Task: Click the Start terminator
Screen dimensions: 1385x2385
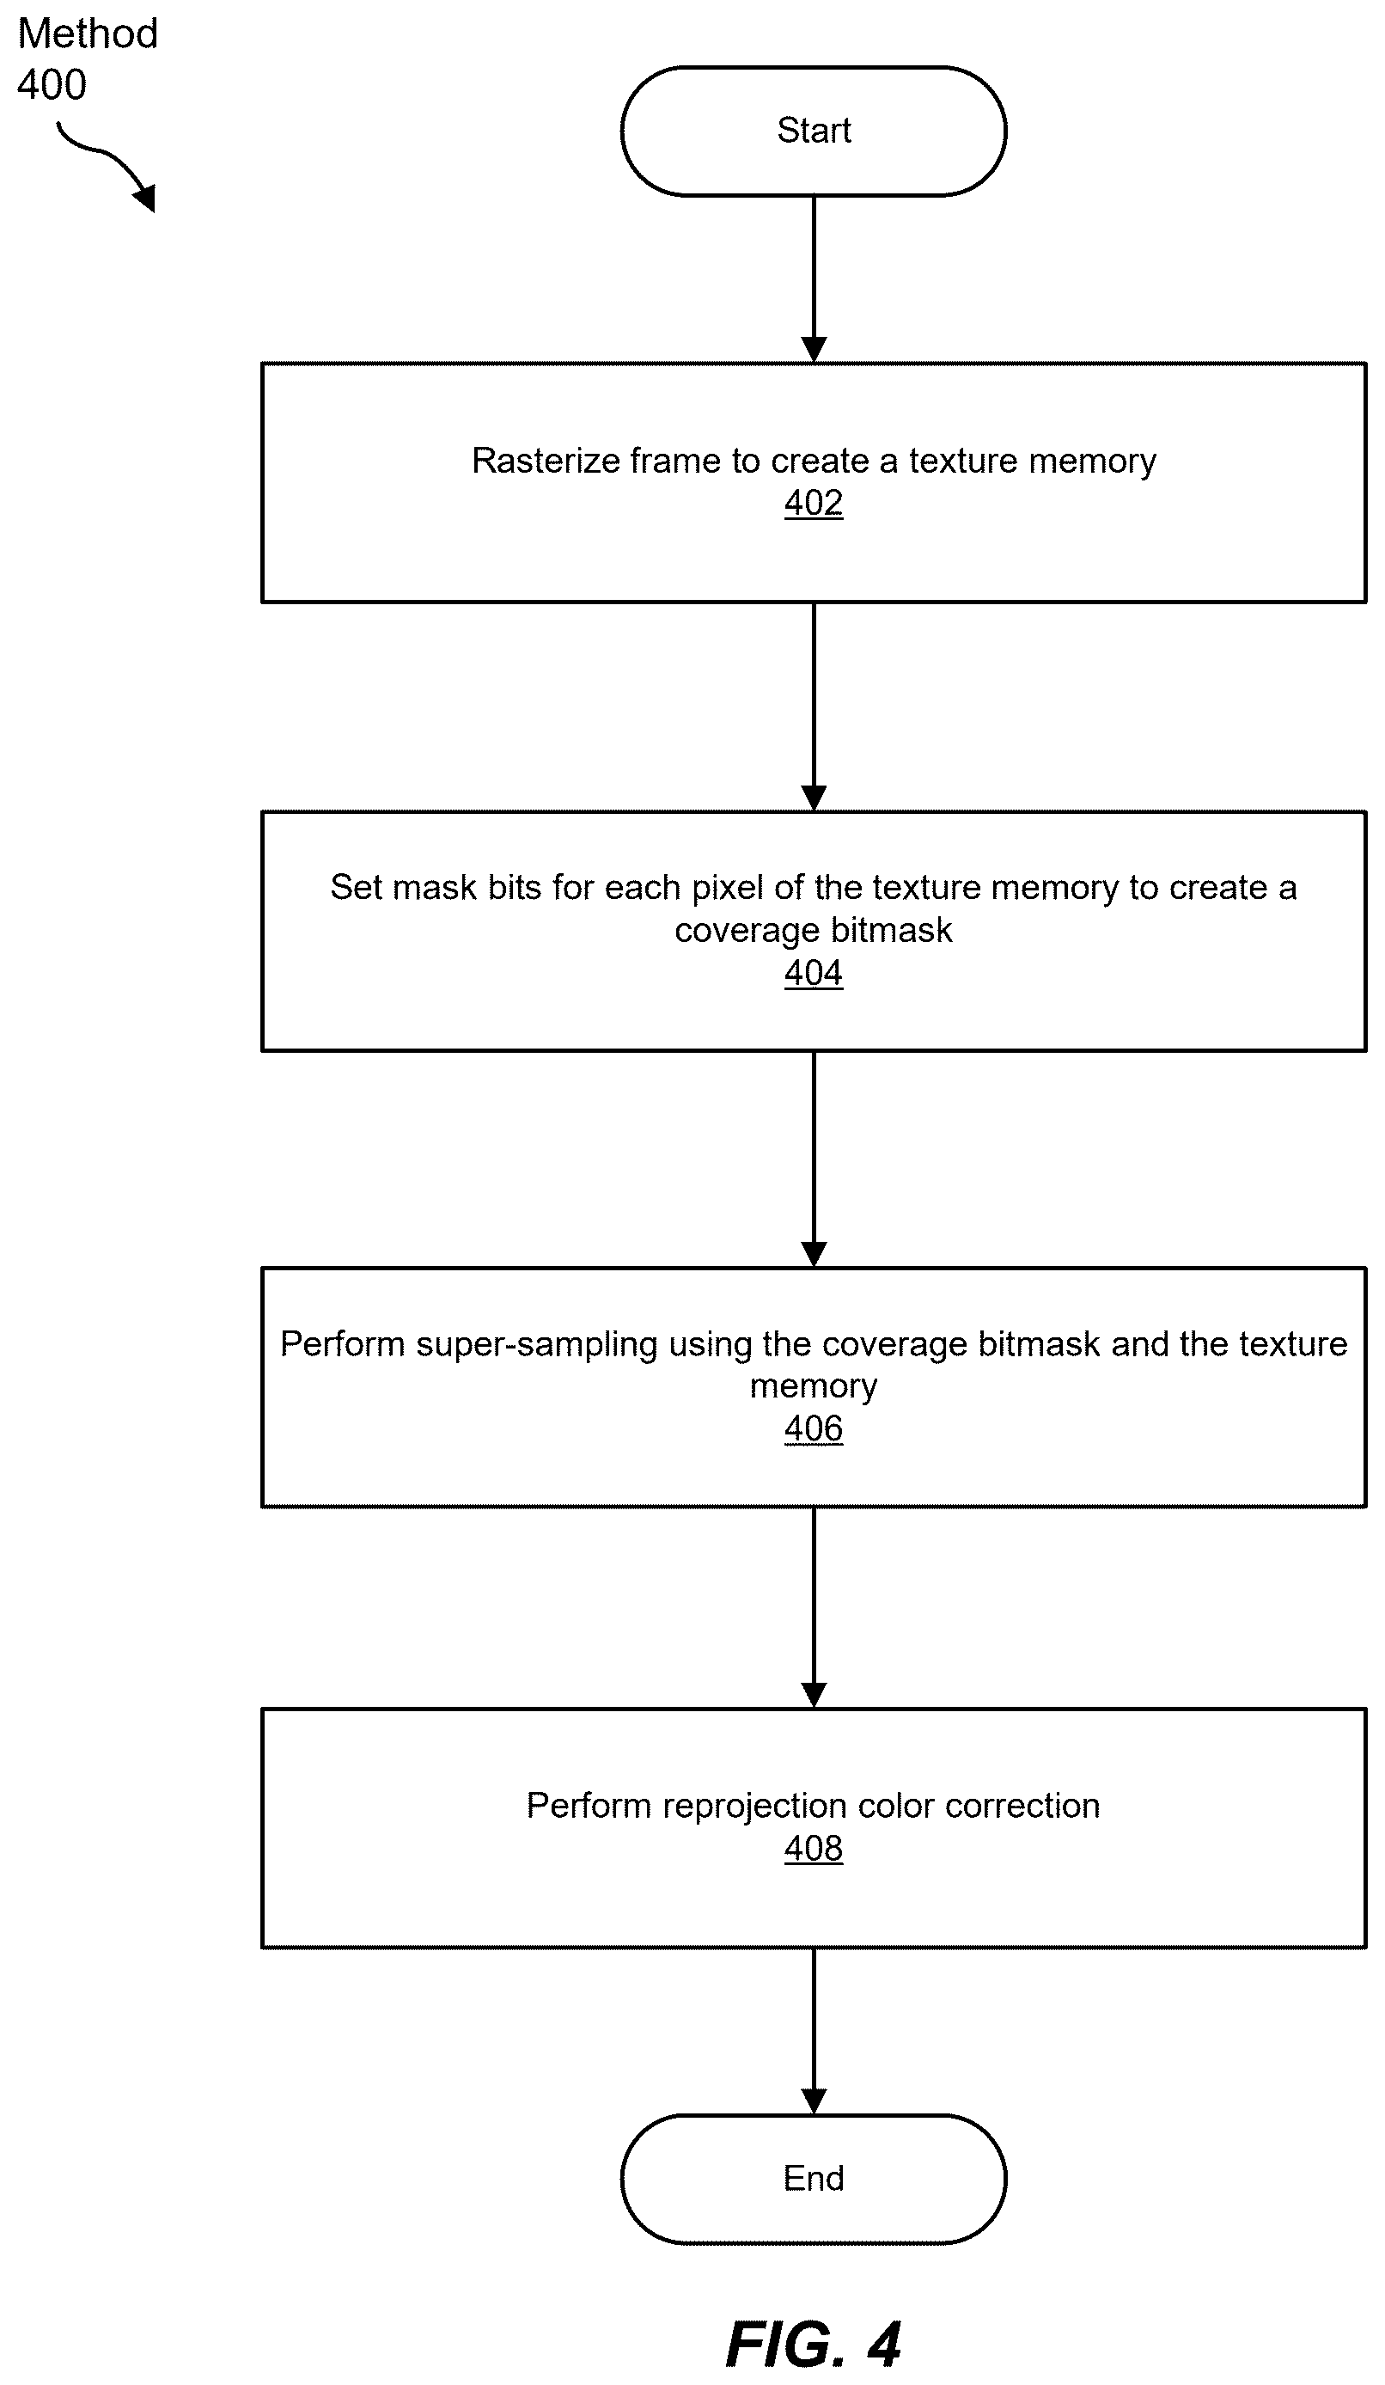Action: (x=814, y=131)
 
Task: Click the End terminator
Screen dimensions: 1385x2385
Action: (x=814, y=2178)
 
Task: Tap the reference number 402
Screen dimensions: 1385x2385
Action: (x=814, y=503)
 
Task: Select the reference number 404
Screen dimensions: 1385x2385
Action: (x=814, y=973)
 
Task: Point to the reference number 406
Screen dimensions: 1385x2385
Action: (x=814, y=1428)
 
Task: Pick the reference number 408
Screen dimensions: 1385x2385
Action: (x=814, y=1849)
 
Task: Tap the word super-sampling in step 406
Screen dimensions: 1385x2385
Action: (x=536, y=1346)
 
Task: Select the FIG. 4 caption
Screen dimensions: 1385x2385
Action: (x=814, y=2345)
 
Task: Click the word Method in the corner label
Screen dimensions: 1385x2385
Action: (x=88, y=34)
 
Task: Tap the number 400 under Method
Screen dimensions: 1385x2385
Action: (x=52, y=85)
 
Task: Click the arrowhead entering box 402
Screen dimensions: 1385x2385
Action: (x=814, y=350)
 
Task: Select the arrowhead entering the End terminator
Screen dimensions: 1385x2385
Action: (x=814, y=2101)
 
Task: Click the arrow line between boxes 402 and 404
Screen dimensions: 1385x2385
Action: (x=814, y=706)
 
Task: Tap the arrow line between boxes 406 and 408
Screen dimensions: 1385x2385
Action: (x=814, y=1608)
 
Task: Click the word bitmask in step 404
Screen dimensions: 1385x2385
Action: (x=892, y=930)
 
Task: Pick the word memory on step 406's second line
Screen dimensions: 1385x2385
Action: (x=814, y=1387)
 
